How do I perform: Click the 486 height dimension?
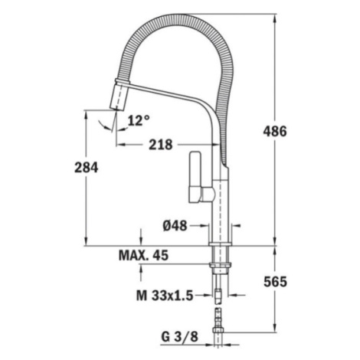pos(275,132)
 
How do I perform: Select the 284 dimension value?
pos(86,168)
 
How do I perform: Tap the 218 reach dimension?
pos(161,145)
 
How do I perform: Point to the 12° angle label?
pos(139,120)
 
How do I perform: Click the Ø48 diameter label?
pos(175,225)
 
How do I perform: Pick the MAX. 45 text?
pos(143,255)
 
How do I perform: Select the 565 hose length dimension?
pos(275,282)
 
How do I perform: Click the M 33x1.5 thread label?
pos(165,296)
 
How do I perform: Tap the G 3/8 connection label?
pos(179,337)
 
